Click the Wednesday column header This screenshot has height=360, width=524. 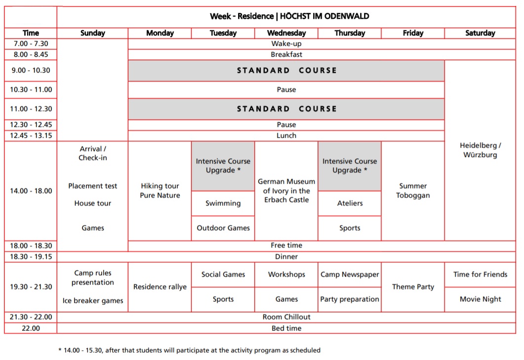pos(286,33)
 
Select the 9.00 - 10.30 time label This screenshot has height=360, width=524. pos(31,70)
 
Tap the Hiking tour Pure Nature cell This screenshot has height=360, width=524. pos(160,191)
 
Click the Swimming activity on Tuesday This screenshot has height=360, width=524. pos(223,203)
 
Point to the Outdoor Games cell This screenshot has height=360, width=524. pos(223,228)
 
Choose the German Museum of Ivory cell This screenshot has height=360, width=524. pos(286,191)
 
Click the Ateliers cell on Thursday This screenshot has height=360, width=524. pos(350,203)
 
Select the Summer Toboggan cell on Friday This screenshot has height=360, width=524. pos(413,191)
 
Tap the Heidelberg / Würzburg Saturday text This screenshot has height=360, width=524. pos(480,150)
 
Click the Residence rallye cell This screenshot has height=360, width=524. pos(160,287)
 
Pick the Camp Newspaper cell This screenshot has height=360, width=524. pos(350,275)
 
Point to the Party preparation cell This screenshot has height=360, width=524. pos(350,299)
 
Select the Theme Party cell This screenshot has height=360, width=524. pos(413,287)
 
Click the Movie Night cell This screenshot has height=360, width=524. pos(480,299)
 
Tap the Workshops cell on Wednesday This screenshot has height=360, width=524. pos(286,275)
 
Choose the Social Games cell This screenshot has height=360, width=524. pos(223,275)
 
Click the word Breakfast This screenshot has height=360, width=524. pos(286,54)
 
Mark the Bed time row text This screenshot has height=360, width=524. pos(286,328)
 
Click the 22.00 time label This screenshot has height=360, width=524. pos(31,328)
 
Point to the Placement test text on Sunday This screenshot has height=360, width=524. pos(93,186)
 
